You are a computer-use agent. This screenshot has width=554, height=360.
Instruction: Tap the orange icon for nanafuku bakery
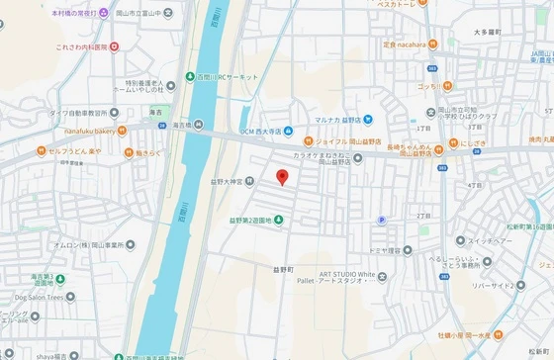[x=122, y=129]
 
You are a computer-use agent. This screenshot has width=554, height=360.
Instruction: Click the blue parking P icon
[x=381, y=221]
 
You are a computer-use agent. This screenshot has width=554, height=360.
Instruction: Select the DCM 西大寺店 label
[x=263, y=132]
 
